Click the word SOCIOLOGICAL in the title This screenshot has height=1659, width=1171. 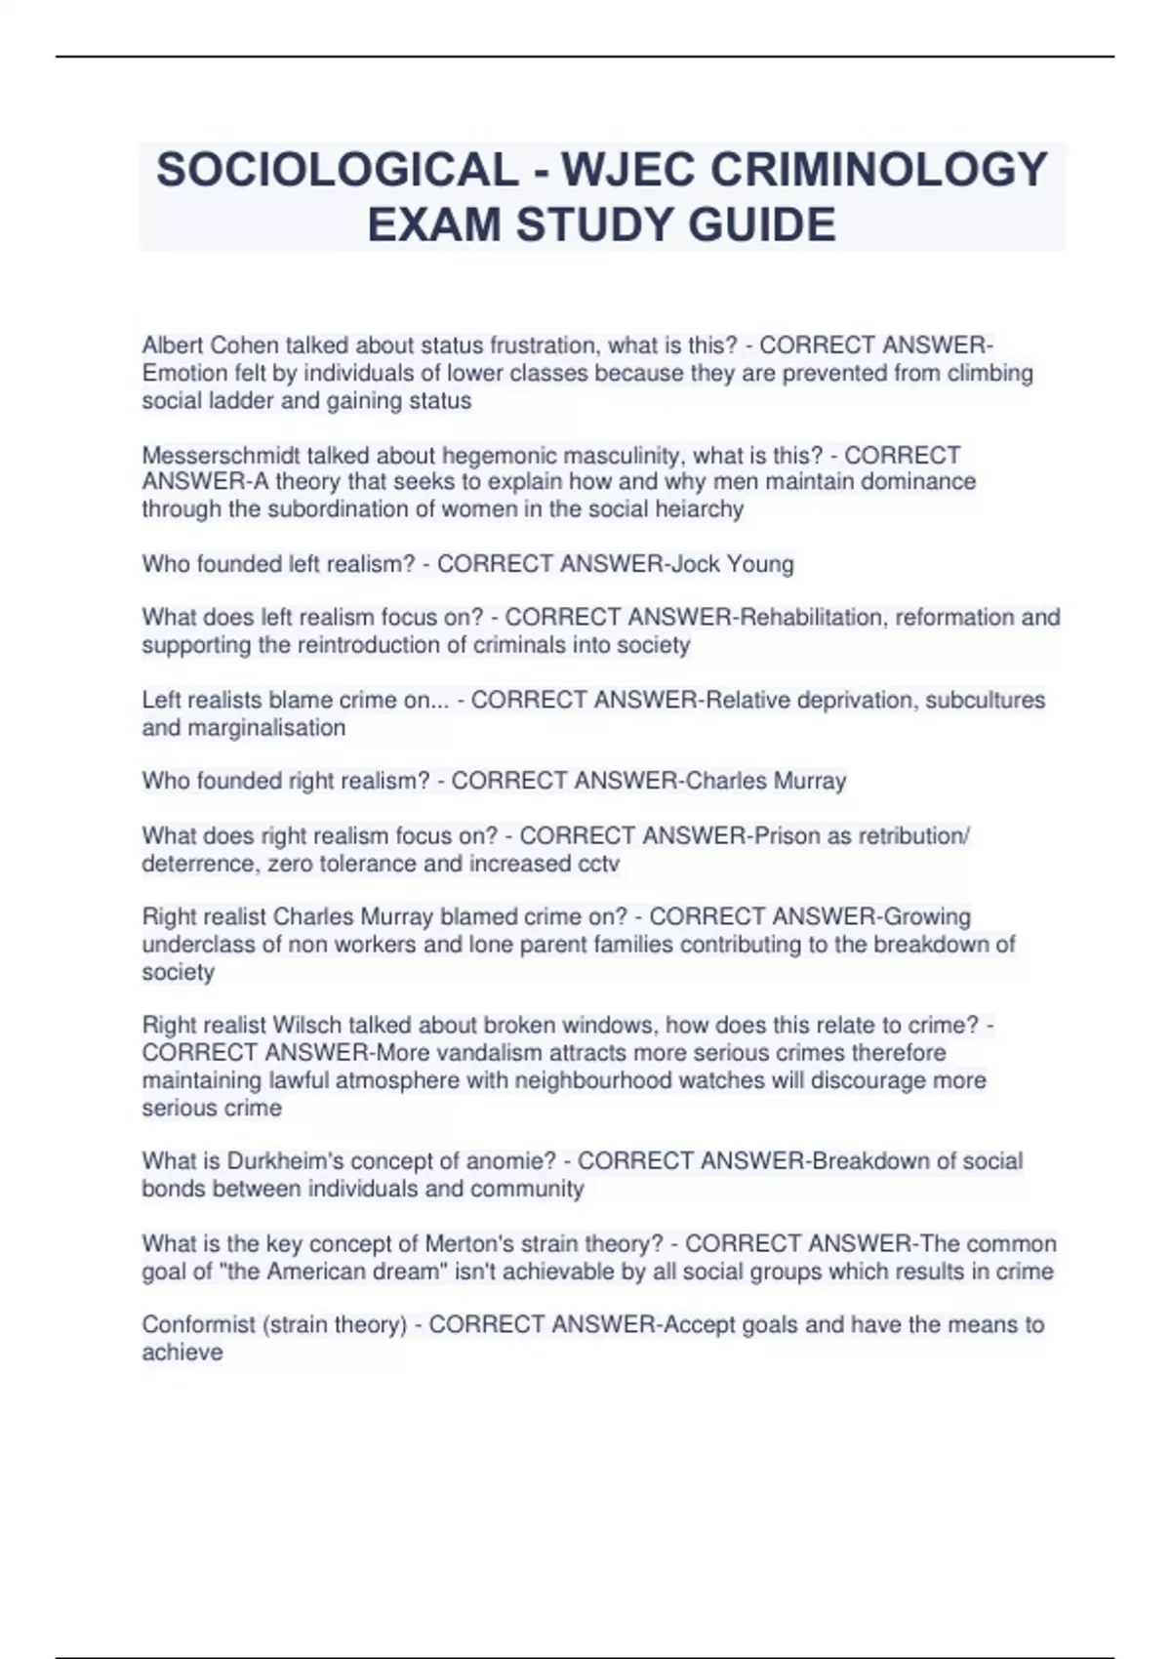click(337, 170)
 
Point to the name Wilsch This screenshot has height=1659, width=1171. click(307, 1026)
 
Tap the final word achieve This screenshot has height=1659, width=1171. click(182, 1353)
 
